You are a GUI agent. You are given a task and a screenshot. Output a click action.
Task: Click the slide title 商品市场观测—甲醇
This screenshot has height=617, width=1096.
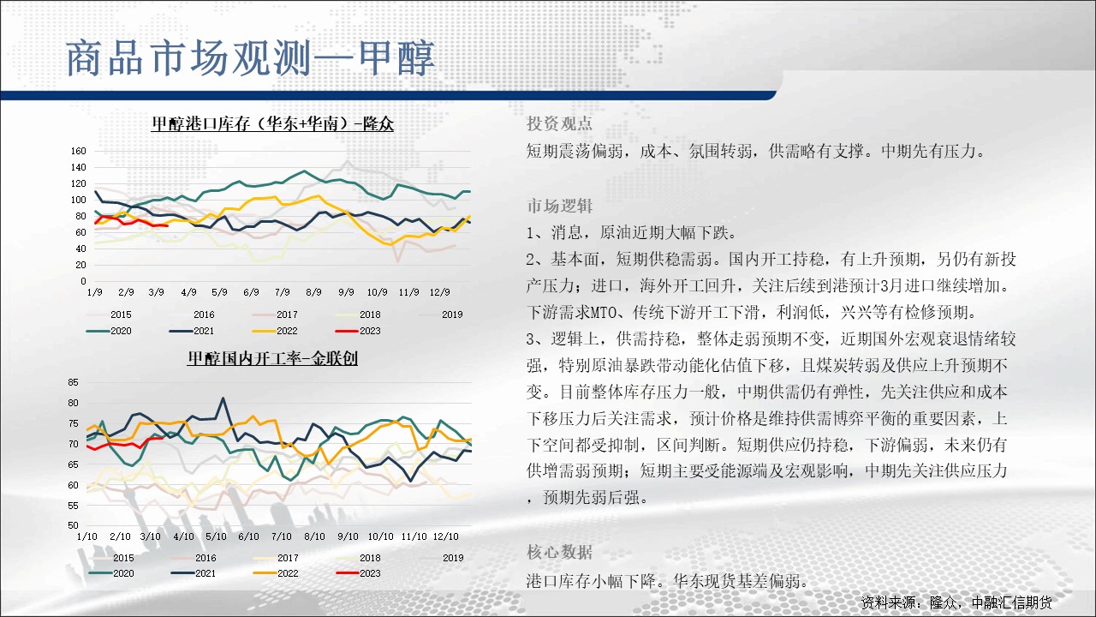click(250, 58)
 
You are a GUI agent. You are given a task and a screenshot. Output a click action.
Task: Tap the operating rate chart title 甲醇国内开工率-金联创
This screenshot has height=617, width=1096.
click(272, 358)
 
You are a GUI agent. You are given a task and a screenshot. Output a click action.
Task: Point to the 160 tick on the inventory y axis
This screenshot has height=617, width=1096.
click(78, 151)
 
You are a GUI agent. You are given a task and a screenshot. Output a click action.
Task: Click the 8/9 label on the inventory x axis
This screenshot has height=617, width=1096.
click(313, 292)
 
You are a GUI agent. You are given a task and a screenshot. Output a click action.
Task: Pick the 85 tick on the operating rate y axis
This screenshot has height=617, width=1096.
click(73, 382)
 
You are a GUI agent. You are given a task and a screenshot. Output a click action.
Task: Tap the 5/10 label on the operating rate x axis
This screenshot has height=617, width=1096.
click(216, 536)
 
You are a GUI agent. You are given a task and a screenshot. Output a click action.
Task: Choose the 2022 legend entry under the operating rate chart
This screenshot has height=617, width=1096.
click(276, 573)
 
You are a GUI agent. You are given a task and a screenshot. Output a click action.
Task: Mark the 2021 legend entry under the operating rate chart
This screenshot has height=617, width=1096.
click(194, 573)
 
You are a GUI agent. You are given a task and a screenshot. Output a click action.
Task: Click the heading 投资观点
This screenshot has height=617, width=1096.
click(559, 123)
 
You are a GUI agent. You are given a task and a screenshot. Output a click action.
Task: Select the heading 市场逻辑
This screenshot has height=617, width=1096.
click(559, 207)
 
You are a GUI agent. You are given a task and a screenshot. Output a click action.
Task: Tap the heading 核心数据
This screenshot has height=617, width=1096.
click(559, 553)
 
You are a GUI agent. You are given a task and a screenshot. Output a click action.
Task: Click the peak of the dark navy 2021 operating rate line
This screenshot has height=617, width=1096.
click(223, 398)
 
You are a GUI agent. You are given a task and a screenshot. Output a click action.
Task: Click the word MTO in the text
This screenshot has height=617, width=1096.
click(606, 313)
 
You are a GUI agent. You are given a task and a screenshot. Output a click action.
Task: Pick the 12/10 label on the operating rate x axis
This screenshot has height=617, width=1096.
click(446, 536)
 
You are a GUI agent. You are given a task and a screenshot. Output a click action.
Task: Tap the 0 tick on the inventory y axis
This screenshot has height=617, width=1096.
click(83, 282)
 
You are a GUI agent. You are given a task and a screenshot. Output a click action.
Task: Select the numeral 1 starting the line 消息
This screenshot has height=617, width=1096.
click(531, 233)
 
